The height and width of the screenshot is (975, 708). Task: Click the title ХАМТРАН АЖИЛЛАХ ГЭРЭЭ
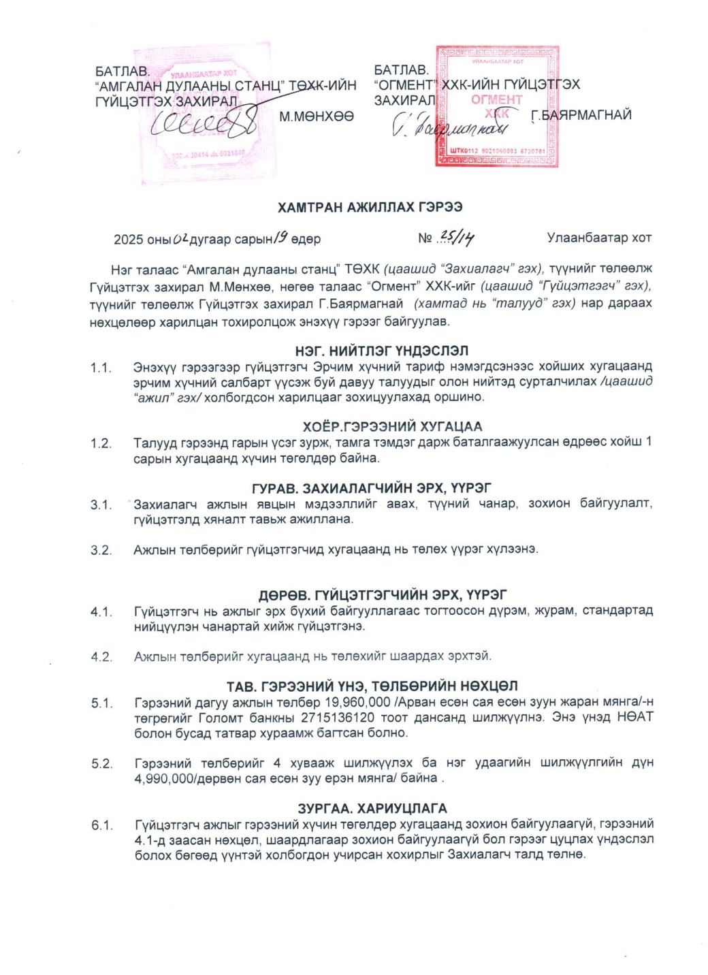370,207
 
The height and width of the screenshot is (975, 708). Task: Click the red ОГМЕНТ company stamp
497,106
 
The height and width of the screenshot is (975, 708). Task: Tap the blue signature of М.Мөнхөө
204,123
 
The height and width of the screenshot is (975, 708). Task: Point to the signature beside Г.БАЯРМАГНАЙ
450,125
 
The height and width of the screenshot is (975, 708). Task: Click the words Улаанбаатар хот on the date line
599,238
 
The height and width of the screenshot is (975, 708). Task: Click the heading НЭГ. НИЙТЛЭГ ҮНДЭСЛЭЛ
381,351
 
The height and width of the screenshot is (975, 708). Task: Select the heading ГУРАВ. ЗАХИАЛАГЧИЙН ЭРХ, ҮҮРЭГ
371,488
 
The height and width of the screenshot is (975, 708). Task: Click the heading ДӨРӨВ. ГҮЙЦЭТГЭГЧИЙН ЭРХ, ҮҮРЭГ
382,595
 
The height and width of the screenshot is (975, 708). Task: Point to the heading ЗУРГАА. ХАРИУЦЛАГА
372,808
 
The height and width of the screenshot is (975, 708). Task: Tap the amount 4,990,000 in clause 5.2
164,778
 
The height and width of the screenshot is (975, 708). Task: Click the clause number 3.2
101,550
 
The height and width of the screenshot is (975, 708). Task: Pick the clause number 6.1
102,825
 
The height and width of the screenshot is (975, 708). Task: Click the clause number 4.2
101,657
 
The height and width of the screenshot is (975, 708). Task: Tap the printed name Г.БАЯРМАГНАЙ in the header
581,115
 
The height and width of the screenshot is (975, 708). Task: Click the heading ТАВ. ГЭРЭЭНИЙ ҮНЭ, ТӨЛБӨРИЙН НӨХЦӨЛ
372,686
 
